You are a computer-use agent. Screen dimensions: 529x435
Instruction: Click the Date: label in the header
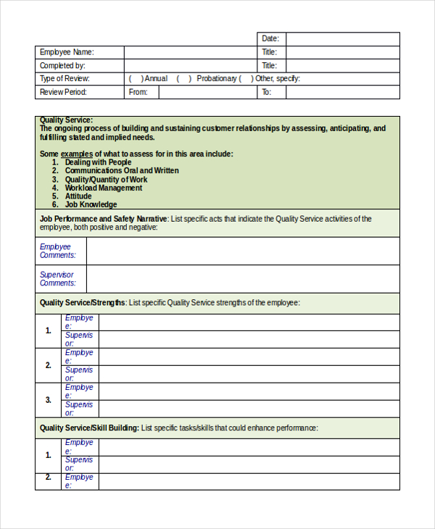(x=270, y=39)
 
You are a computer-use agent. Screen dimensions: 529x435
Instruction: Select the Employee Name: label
(x=67, y=52)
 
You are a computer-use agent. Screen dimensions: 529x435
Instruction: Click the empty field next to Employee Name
(x=190, y=52)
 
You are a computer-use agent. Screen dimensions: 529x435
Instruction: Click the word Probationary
(x=217, y=79)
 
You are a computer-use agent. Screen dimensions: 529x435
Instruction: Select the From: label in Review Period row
(x=138, y=92)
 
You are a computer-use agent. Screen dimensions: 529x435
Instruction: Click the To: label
(x=266, y=92)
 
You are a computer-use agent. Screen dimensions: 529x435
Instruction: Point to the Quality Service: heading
(x=66, y=120)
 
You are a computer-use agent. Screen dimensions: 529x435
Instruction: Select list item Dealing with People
(x=98, y=162)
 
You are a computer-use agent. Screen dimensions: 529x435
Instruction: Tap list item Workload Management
(x=103, y=188)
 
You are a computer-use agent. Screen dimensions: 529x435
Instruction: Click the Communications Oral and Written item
(x=122, y=171)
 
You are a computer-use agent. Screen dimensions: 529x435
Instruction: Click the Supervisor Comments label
(x=57, y=279)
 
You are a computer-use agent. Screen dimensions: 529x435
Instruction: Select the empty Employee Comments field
(x=242, y=251)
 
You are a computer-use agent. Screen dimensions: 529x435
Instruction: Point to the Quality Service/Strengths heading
(x=83, y=303)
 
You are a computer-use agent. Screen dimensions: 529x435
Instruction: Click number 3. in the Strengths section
(x=49, y=400)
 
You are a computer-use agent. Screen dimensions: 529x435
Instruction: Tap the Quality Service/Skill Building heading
(x=89, y=428)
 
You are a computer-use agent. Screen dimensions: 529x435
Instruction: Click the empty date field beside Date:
(x=342, y=39)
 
